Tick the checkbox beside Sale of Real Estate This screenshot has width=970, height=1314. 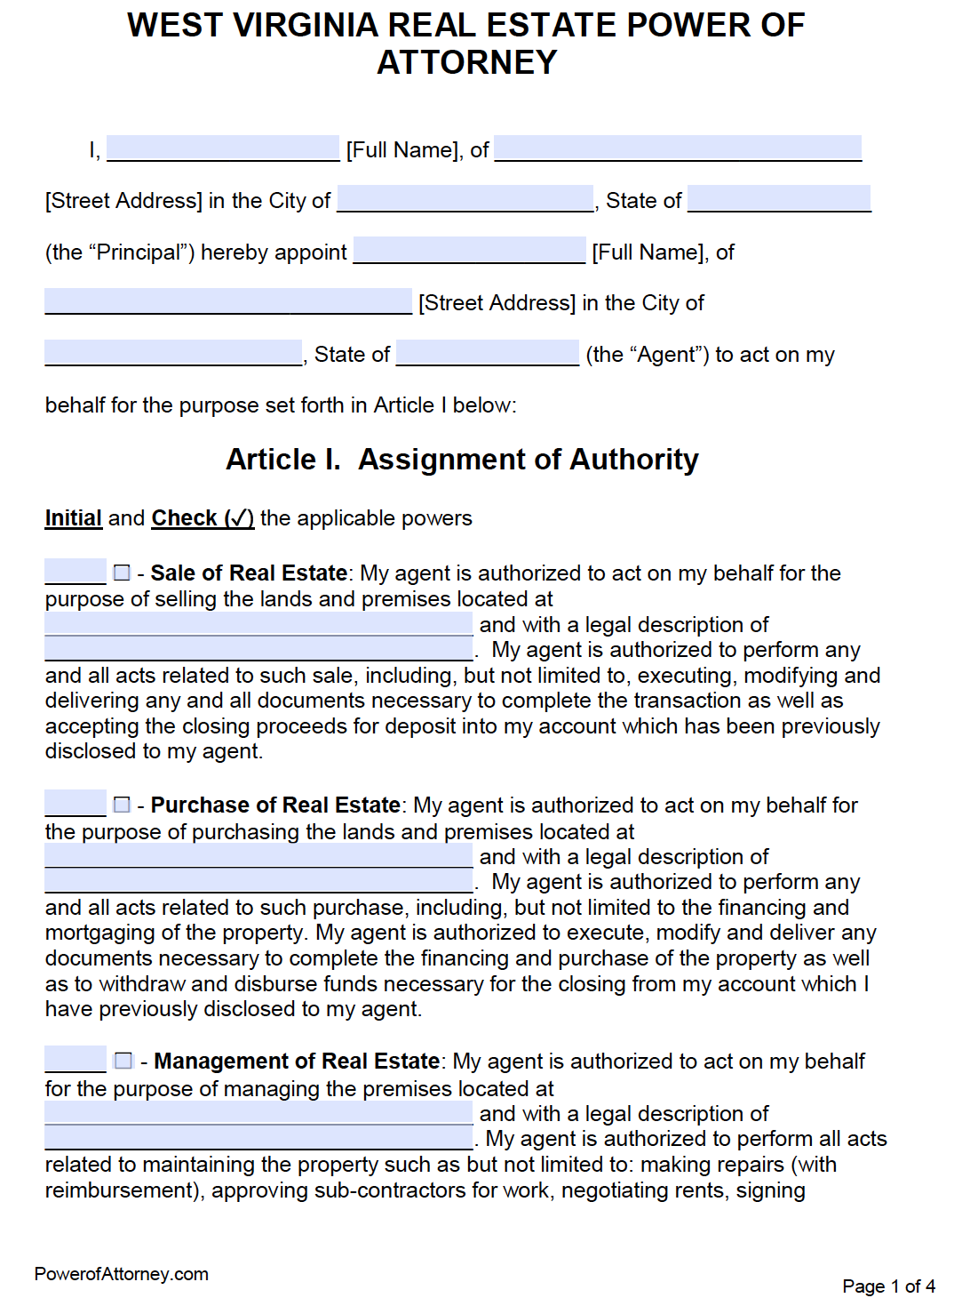[x=123, y=573]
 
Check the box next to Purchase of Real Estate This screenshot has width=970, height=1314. [x=123, y=805]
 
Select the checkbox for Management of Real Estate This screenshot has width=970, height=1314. [x=123, y=1061]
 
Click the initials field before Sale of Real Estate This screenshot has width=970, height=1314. [x=76, y=572]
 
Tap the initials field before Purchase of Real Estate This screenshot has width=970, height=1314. [x=76, y=804]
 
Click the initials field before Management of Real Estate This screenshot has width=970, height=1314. [x=76, y=1060]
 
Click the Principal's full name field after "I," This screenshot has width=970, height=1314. [x=223, y=148]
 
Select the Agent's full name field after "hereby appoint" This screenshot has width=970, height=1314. [x=470, y=250]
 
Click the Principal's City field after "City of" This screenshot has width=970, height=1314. [x=465, y=198]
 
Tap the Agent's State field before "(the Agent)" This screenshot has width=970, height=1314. [x=488, y=353]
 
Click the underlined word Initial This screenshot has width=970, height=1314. [x=74, y=518]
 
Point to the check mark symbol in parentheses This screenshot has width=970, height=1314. [x=239, y=518]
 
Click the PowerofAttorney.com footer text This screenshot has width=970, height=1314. [x=122, y=1274]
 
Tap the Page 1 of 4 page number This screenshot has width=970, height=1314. [x=888, y=1286]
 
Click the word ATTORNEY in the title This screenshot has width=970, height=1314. [x=467, y=62]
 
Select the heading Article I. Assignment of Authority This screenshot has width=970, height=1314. [x=462, y=460]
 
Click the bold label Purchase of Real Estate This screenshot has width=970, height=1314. [x=275, y=805]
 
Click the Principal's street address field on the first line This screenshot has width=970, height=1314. [x=678, y=148]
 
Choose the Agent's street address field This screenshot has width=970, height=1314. [x=228, y=301]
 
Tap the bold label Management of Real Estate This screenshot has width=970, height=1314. [x=297, y=1062]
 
